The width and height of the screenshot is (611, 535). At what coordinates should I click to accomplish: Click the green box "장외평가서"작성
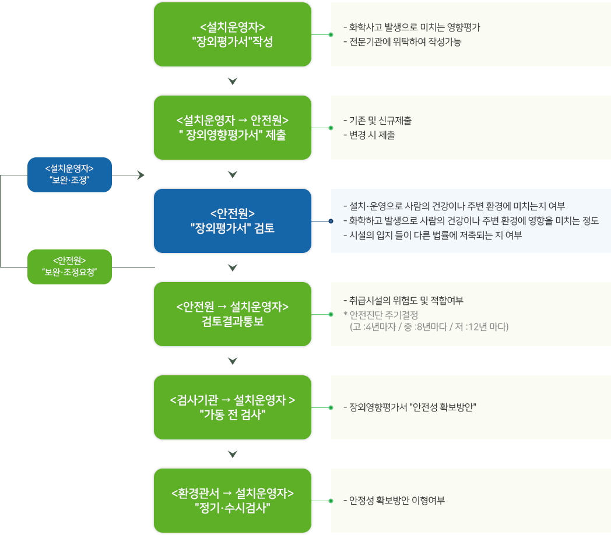point(233,34)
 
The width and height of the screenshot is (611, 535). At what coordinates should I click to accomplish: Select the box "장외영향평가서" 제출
point(233,128)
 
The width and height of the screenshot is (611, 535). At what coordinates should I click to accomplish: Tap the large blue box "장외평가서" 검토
point(233,221)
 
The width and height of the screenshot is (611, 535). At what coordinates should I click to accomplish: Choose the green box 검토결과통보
point(233,314)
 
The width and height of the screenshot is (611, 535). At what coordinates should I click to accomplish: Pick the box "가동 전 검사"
point(233,407)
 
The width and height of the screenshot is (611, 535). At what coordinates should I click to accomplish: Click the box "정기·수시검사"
point(233,501)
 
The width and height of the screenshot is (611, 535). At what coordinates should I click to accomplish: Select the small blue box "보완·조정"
point(70,175)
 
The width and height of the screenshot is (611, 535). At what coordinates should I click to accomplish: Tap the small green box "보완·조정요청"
point(70,267)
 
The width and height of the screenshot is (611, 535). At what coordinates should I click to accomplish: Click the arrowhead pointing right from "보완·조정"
point(141,175)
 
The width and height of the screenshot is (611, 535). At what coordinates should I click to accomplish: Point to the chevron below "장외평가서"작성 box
point(233,81)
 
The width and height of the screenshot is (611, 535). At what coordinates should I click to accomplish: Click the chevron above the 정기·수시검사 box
point(233,454)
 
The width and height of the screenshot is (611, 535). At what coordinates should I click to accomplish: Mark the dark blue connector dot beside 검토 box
point(331,221)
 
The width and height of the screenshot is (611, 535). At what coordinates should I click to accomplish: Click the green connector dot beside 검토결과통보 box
point(331,314)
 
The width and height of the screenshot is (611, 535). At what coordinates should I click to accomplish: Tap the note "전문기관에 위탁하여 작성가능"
point(402,42)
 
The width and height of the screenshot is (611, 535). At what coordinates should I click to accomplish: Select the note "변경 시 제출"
point(369,135)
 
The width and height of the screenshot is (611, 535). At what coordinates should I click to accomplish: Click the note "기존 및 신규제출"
point(377,121)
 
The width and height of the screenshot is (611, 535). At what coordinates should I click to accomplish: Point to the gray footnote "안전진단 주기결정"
point(381,315)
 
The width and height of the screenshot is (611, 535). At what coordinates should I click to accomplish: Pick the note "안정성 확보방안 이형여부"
point(394,500)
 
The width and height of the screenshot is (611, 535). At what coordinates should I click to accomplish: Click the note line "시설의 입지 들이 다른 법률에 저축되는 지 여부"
point(433,235)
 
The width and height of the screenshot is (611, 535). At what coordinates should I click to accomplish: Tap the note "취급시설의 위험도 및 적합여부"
point(403,300)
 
